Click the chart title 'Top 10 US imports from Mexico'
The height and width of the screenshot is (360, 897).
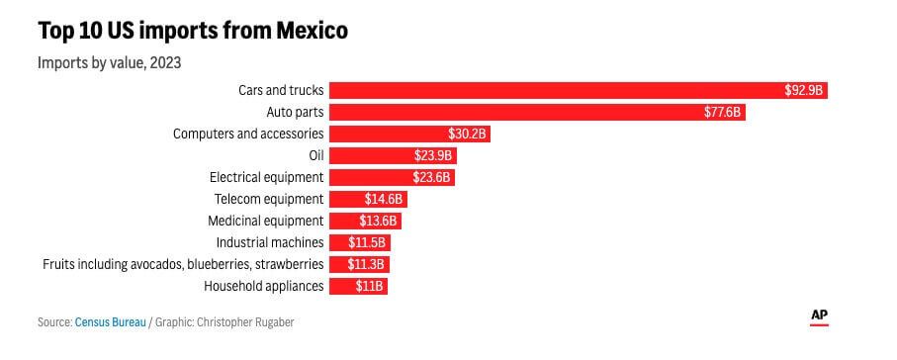(x=193, y=32)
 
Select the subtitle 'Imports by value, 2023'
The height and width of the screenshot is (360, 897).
(x=109, y=62)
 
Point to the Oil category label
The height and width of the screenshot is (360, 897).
(x=315, y=155)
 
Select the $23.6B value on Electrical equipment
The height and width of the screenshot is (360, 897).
(x=432, y=177)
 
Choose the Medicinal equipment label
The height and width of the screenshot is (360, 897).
(x=265, y=221)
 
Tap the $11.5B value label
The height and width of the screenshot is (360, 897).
(x=367, y=242)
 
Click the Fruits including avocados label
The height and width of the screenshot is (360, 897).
(x=183, y=264)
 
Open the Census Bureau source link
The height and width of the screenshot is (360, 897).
(x=110, y=322)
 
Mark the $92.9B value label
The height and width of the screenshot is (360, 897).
(x=804, y=90)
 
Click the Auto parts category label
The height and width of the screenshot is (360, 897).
(x=295, y=112)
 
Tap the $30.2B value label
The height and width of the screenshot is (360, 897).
(x=468, y=134)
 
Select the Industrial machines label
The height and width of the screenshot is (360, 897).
(x=270, y=242)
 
